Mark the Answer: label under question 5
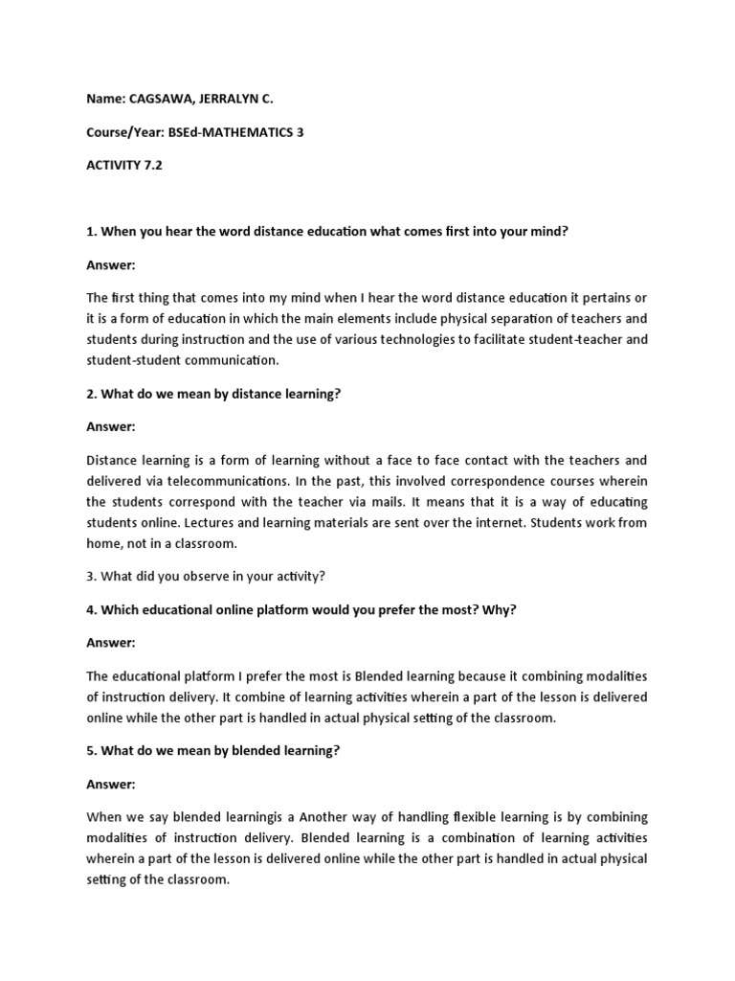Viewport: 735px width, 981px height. [x=111, y=783]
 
